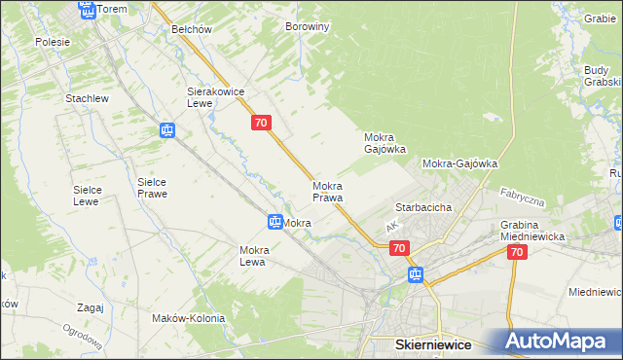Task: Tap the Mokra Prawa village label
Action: coord(327,192)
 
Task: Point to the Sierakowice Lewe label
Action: coord(215,97)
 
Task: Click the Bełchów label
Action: coord(192,29)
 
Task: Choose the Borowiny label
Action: coord(308,27)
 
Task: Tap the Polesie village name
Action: coord(53,42)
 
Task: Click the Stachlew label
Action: coord(86,99)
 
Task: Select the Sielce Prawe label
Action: coord(152,188)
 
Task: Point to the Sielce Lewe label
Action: coord(88,196)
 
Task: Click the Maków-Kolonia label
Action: coord(188,318)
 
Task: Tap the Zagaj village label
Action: coord(89,307)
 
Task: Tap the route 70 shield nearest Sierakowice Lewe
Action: coord(260,123)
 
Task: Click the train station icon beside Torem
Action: coord(86,11)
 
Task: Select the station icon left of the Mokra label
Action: coord(275,223)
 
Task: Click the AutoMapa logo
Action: coord(556,341)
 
